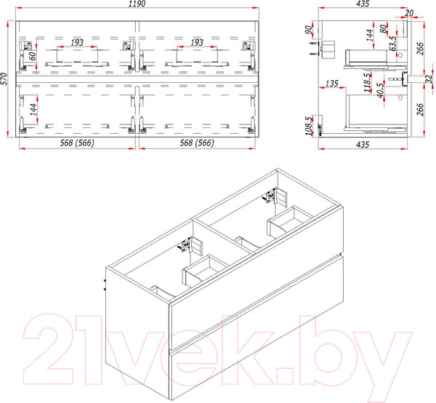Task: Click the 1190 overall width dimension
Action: point(137,4)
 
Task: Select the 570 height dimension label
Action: point(4,79)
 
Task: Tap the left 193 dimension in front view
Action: point(77,43)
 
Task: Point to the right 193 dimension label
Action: point(197,43)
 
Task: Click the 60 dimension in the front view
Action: point(33,56)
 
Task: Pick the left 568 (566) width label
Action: point(77,143)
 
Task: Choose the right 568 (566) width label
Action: point(197,143)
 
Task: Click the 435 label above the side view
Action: point(363,4)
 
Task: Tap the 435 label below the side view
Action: point(363,145)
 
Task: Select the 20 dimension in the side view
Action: point(409,13)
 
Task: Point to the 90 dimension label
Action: point(308,30)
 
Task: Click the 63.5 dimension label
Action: point(392,44)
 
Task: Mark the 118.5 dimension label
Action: point(367,83)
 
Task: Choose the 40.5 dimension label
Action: point(380,90)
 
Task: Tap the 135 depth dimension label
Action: point(332,83)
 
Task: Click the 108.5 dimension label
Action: point(309,126)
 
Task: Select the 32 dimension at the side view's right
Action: point(429,79)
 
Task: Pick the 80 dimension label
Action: point(383,29)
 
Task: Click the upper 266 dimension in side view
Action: point(420,49)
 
